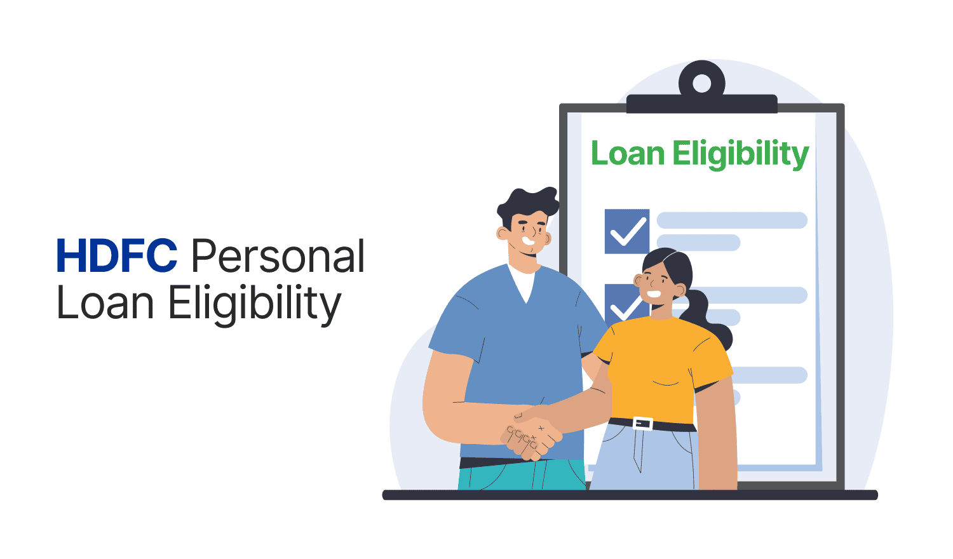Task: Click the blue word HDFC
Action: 117,255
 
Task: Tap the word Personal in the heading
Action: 278,255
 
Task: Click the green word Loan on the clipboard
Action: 628,153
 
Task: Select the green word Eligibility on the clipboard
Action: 741,155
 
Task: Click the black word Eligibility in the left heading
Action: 255,305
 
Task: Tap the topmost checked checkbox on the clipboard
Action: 627,231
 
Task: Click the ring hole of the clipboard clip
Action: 701,83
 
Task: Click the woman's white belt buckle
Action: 642,423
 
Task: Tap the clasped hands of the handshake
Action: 532,434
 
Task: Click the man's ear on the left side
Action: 503,233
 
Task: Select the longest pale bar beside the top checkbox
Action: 732,220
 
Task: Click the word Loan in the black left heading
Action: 105,302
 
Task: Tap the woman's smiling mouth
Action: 654,294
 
